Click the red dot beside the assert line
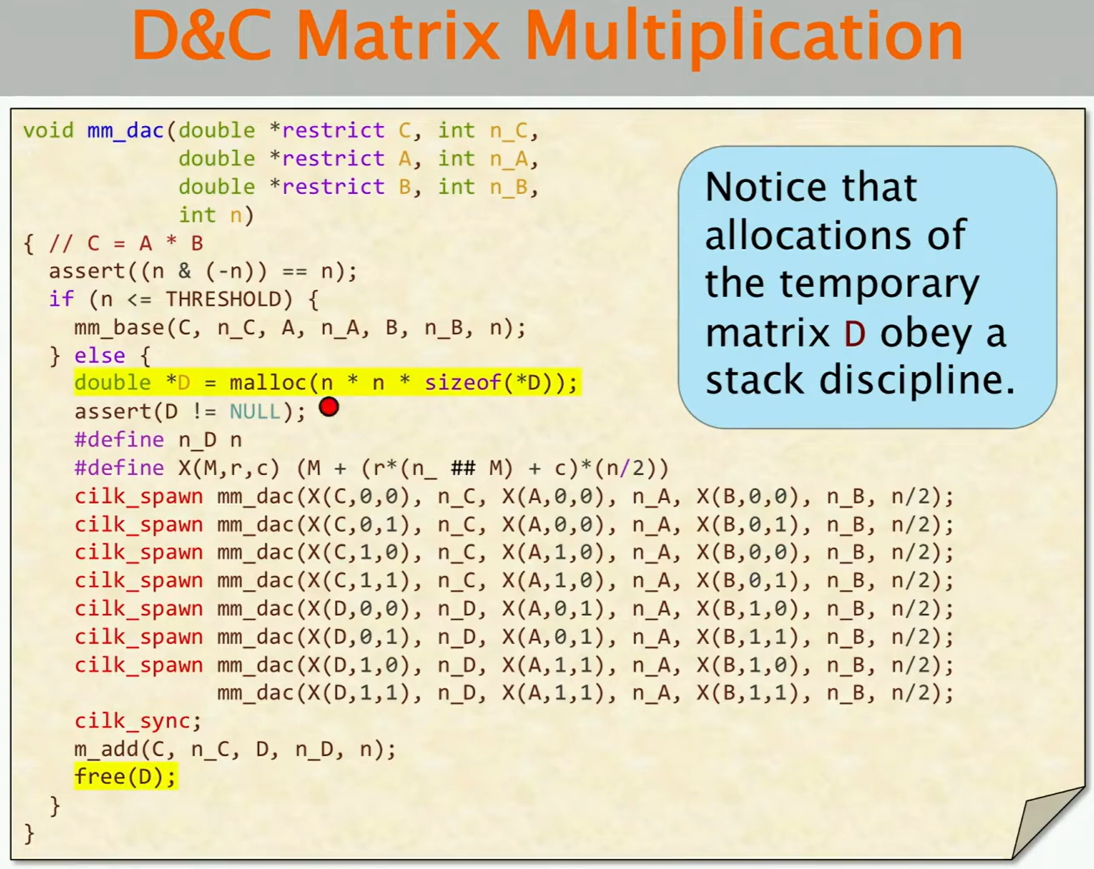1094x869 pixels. (329, 407)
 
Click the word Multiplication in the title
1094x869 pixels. (743, 37)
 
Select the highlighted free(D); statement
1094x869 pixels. (125, 777)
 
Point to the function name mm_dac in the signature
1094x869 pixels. (125, 131)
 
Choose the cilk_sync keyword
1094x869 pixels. (133, 721)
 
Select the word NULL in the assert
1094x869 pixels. (255, 412)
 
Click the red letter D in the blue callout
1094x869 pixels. (855, 333)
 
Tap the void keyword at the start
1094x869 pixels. (48, 131)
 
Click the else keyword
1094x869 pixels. (100, 356)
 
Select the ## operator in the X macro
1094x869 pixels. (463, 468)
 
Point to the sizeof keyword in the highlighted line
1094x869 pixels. (462, 382)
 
